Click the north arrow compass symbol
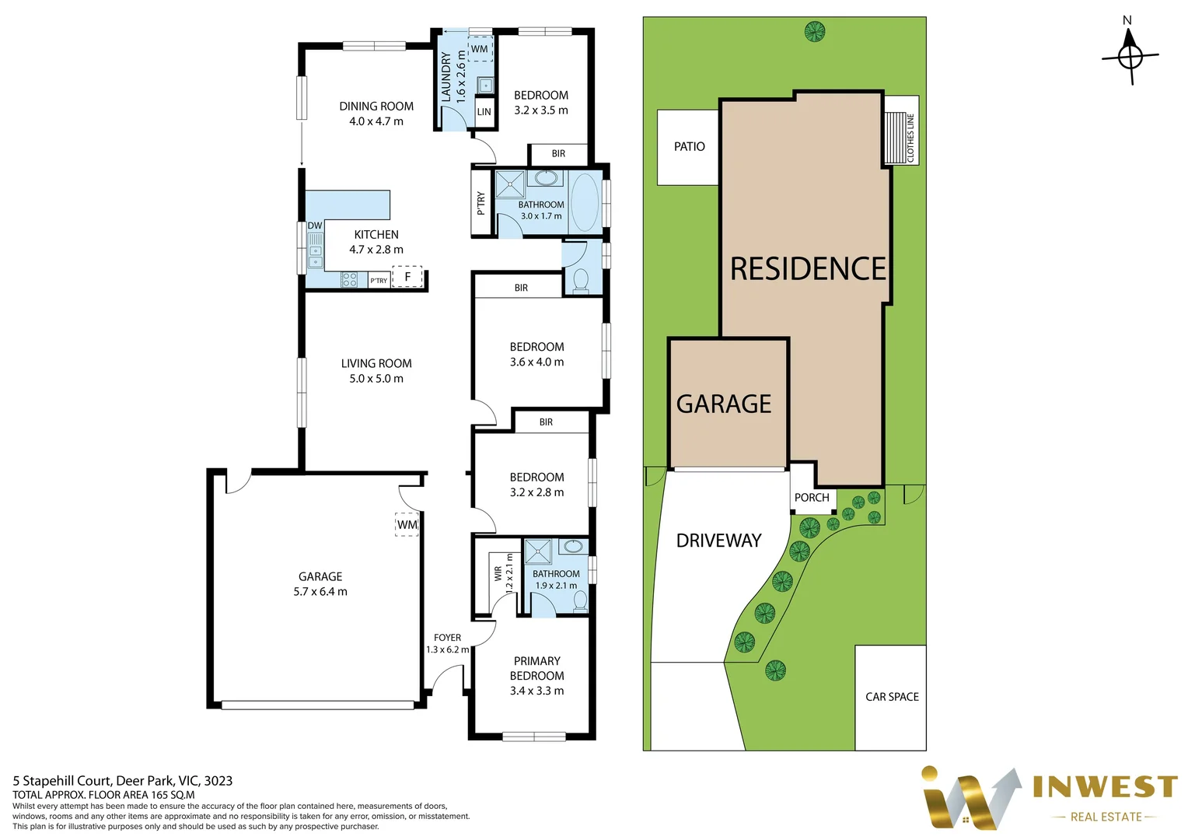[1130, 56]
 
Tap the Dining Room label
[376, 107]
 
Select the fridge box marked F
[407, 277]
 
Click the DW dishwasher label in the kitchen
[314, 226]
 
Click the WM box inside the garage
[407, 525]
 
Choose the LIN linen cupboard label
[484, 112]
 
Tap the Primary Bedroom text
[536, 668]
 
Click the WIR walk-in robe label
[498, 574]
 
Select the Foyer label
[447, 638]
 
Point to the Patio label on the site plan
[689, 146]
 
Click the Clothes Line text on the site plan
[910, 138]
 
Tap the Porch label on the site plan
[812, 498]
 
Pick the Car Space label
[892, 697]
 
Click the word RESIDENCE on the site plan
[808, 269]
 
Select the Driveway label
[718, 541]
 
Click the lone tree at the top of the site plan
[814, 32]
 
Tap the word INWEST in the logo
[1105, 787]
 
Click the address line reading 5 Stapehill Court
[123, 781]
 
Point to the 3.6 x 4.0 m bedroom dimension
[536, 362]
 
